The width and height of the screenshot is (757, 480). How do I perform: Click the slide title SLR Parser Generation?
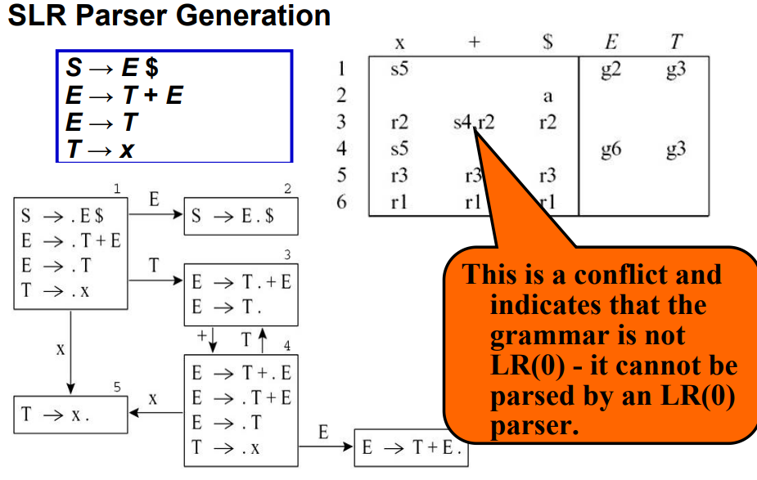tap(169, 16)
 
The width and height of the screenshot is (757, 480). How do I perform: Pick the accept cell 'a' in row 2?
tap(547, 96)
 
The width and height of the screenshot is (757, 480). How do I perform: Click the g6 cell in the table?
tap(611, 150)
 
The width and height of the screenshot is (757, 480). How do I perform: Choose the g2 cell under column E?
tap(611, 70)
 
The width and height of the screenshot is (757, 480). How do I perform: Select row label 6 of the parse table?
tap(341, 202)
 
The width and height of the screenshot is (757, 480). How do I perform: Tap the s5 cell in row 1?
tap(400, 70)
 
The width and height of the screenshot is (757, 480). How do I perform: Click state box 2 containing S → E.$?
tap(241, 218)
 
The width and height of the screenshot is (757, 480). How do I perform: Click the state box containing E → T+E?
tap(410, 449)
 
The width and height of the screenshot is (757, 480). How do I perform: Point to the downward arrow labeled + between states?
tap(212, 338)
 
